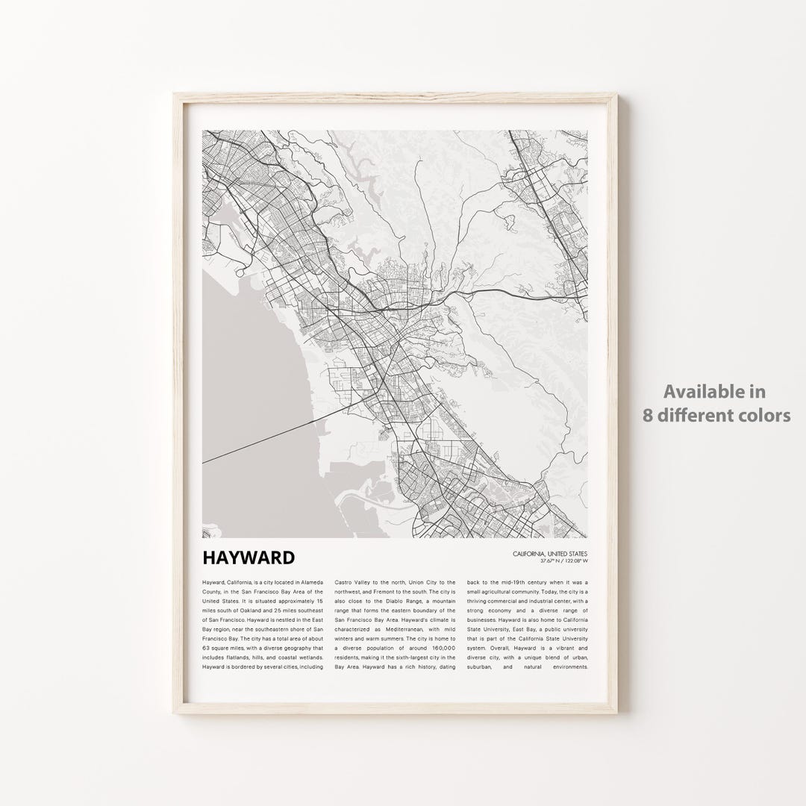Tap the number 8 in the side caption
tap(648, 414)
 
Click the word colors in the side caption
tap(765, 414)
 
